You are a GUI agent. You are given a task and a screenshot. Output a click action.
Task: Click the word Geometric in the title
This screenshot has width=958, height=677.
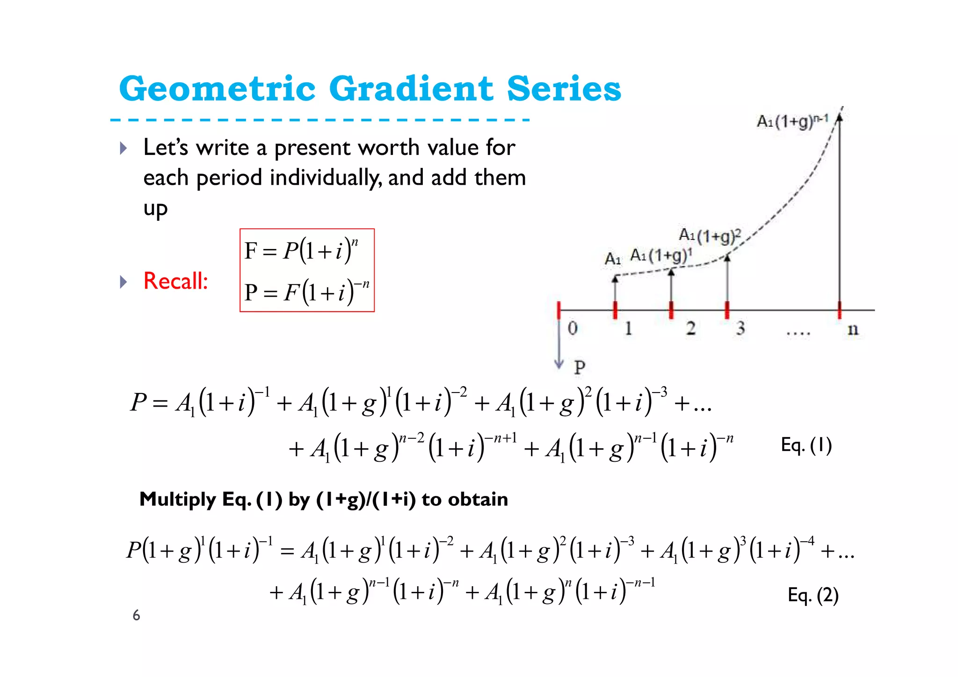[218, 88]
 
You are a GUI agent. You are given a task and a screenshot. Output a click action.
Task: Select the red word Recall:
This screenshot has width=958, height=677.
[175, 281]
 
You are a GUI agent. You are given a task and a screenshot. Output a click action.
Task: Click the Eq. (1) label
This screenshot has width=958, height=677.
[806, 445]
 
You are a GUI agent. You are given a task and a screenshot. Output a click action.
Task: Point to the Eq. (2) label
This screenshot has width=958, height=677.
[813, 595]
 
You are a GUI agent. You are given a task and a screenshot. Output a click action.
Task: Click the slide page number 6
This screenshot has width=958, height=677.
[136, 615]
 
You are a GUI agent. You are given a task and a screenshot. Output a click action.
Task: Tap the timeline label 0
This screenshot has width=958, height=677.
[573, 328]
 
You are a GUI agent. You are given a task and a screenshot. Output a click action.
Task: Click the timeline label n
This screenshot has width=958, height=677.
[853, 329]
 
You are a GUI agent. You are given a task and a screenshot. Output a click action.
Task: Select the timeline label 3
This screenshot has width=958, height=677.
[740, 328]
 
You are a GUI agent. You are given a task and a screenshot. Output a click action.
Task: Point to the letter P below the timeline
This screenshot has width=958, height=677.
[580, 367]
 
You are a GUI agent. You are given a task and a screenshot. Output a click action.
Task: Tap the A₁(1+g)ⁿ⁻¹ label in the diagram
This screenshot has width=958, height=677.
[792, 121]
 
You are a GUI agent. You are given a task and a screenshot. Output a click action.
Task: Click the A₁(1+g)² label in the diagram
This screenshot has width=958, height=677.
[710, 235]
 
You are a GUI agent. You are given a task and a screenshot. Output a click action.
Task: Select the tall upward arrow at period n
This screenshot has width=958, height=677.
[840, 211]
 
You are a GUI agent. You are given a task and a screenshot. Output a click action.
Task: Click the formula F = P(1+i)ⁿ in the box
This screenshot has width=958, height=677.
[301, 250]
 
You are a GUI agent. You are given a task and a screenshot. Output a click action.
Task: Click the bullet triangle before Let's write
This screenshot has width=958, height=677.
[123, 148]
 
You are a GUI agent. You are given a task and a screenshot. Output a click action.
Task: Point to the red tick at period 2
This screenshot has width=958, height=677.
[671, 310]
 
